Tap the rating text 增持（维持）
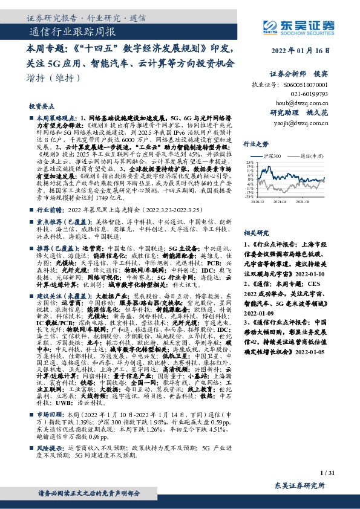coord(54,79)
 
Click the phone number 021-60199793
coord(315,94)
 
